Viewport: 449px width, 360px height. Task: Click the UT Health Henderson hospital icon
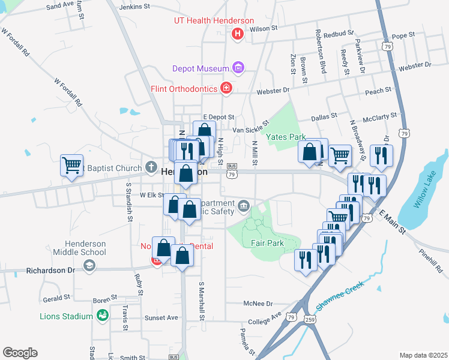tap(238, 34)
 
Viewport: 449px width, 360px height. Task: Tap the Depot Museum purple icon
tap(238, 68)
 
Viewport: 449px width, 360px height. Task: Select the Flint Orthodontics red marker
tap(226, 89)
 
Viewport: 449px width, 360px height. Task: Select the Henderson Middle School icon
tap(89, 265)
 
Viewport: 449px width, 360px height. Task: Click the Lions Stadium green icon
tap(102, 315)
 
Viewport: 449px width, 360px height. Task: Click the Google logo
tap(20, 352)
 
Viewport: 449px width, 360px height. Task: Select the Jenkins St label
tap(134, 6)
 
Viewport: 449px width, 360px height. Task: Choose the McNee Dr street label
tap(258, 304)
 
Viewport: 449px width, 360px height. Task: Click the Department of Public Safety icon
tap(243, 207)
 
